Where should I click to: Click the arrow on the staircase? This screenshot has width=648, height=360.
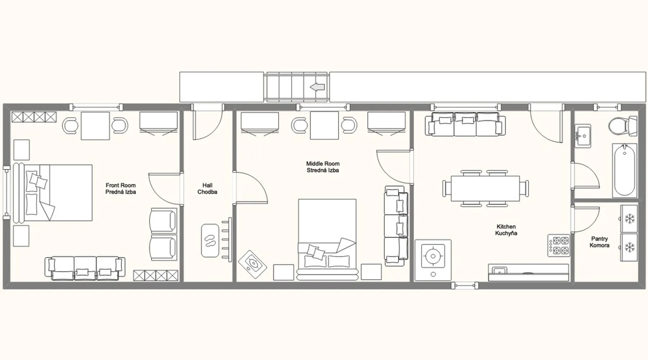coord(318,87)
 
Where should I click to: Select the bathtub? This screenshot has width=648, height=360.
coord(625,170)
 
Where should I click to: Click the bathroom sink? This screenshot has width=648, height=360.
coord(582,136)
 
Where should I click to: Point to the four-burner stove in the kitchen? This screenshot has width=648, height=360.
coord(559,245)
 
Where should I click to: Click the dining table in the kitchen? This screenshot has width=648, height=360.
coord(485,188)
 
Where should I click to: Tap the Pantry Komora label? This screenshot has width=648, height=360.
coord(599,242)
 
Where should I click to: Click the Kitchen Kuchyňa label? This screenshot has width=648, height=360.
coord(506,230)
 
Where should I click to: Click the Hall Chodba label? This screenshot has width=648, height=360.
coord(207,189)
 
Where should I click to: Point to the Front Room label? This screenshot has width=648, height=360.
coord(121,185)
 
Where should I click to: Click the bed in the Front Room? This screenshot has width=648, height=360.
coord(53,193)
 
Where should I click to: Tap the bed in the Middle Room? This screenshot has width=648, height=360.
coord(327,239)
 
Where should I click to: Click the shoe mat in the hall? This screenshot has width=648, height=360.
coord(210,240)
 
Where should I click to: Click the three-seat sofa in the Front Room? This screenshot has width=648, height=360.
coord(85,268)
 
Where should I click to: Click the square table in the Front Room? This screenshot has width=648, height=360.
coord(95,126)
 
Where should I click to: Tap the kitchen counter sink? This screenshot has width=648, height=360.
coord(500,270)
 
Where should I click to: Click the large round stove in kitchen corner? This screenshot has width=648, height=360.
coord(433,260)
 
